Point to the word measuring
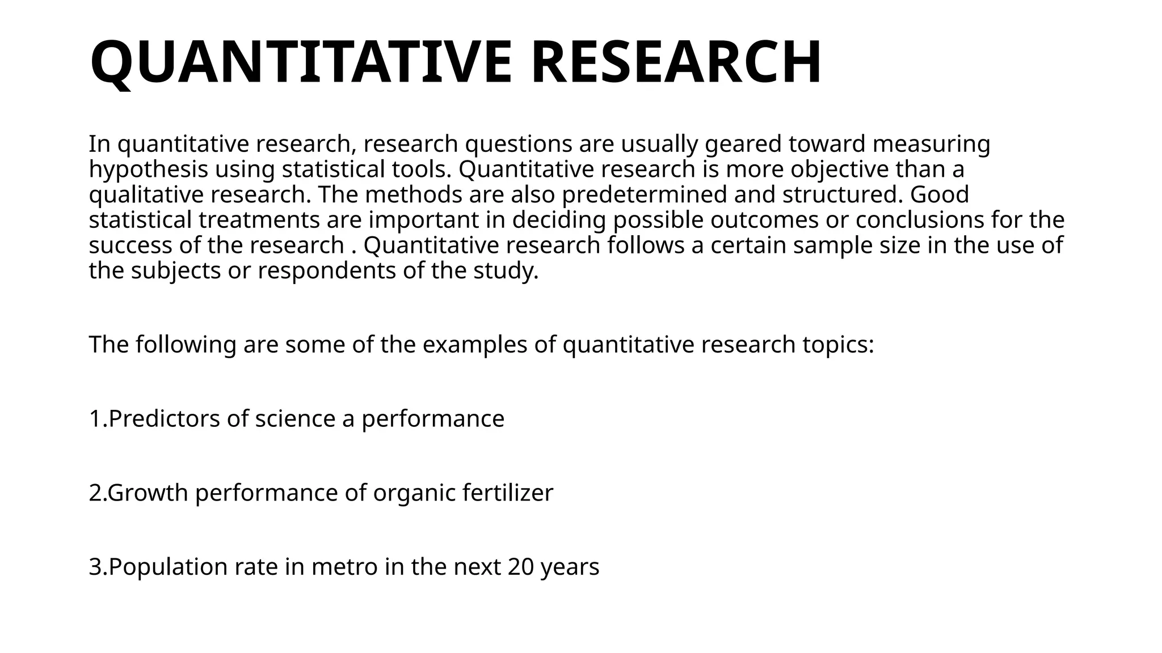click(x=931, y=144)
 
